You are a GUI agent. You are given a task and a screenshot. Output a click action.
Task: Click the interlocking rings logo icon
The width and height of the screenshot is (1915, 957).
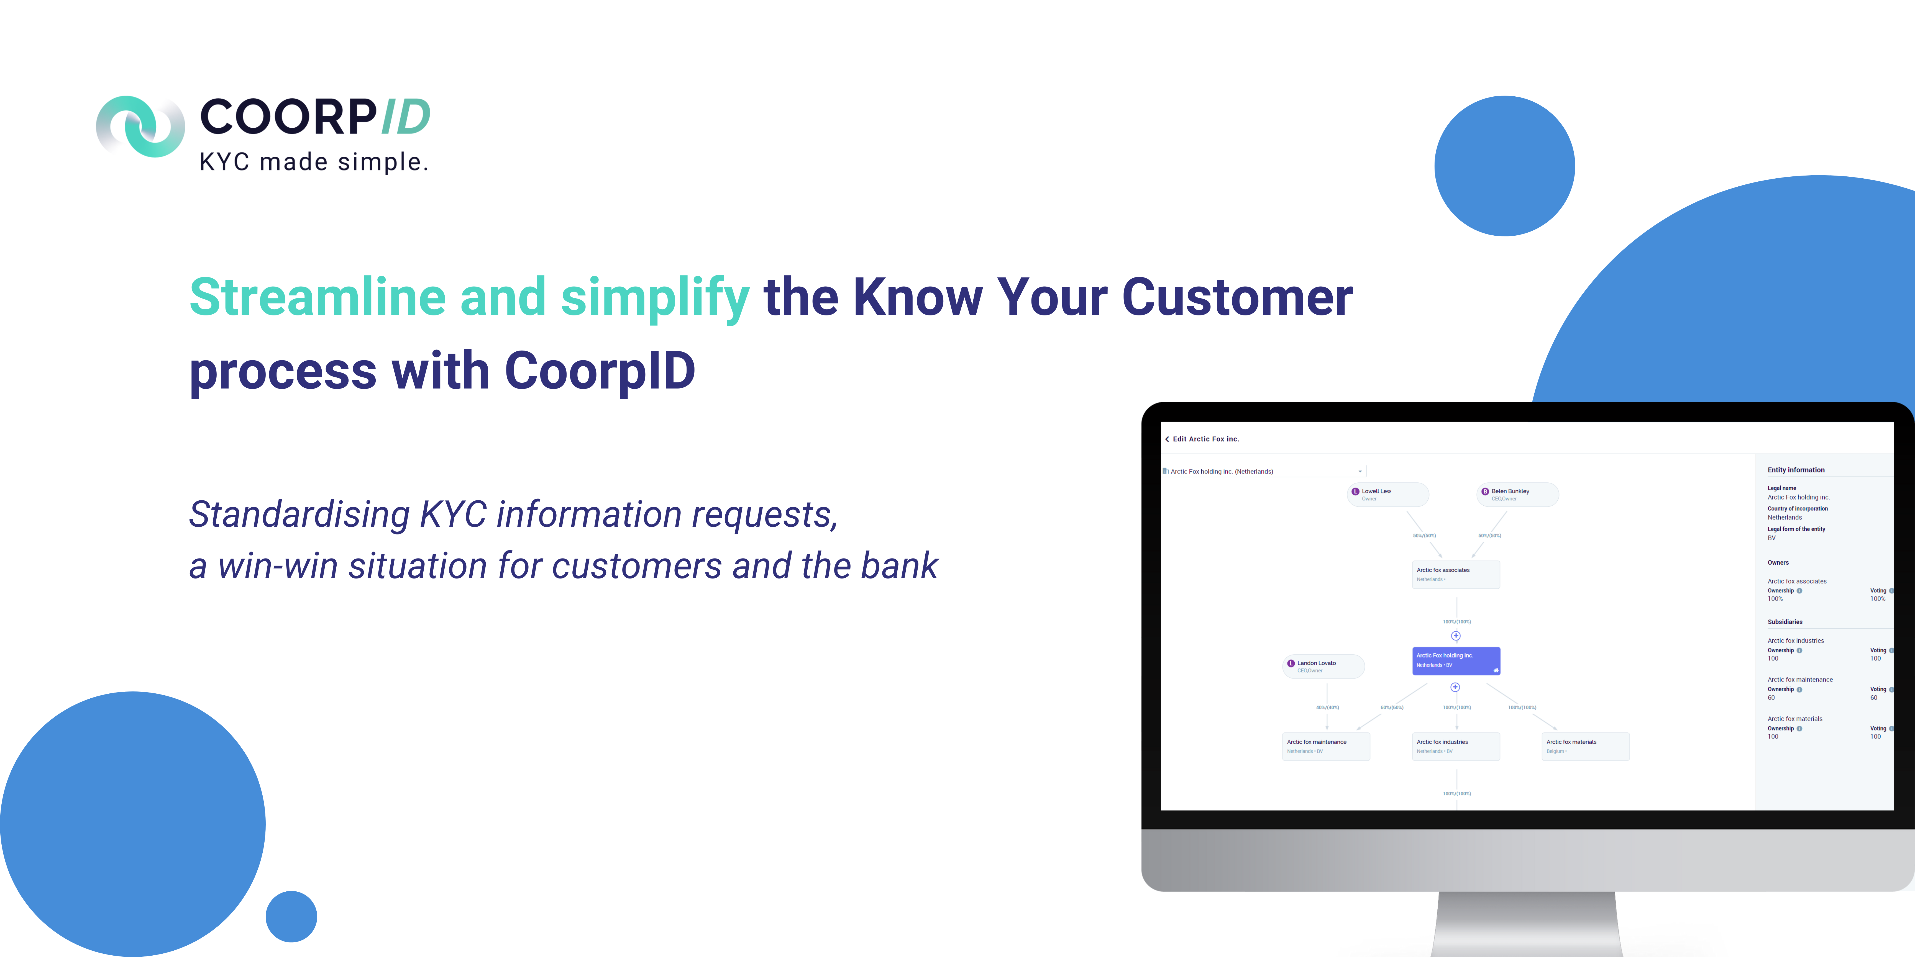tap(140, 126)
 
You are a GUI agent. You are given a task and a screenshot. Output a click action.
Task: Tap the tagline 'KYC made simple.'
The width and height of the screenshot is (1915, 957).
tap(314, 162)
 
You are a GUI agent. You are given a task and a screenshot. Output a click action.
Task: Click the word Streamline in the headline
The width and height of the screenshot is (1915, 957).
tap(318, 297)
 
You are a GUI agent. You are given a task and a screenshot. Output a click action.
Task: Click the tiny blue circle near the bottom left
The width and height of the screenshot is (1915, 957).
tap(291, 916)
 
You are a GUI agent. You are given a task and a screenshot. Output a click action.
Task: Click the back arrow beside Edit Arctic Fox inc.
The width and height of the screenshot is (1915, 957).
tap(1167, 439)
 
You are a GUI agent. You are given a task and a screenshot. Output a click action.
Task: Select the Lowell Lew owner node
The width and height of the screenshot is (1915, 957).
tap(1387, 494)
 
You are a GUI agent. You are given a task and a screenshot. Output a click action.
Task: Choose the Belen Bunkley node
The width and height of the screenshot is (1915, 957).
tap(1517, 494)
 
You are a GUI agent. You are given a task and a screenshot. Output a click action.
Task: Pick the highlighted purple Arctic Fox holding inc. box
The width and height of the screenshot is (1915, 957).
tap(1456, 660)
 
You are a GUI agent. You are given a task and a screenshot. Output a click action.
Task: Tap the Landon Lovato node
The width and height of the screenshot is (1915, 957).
tap(1323, 666)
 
